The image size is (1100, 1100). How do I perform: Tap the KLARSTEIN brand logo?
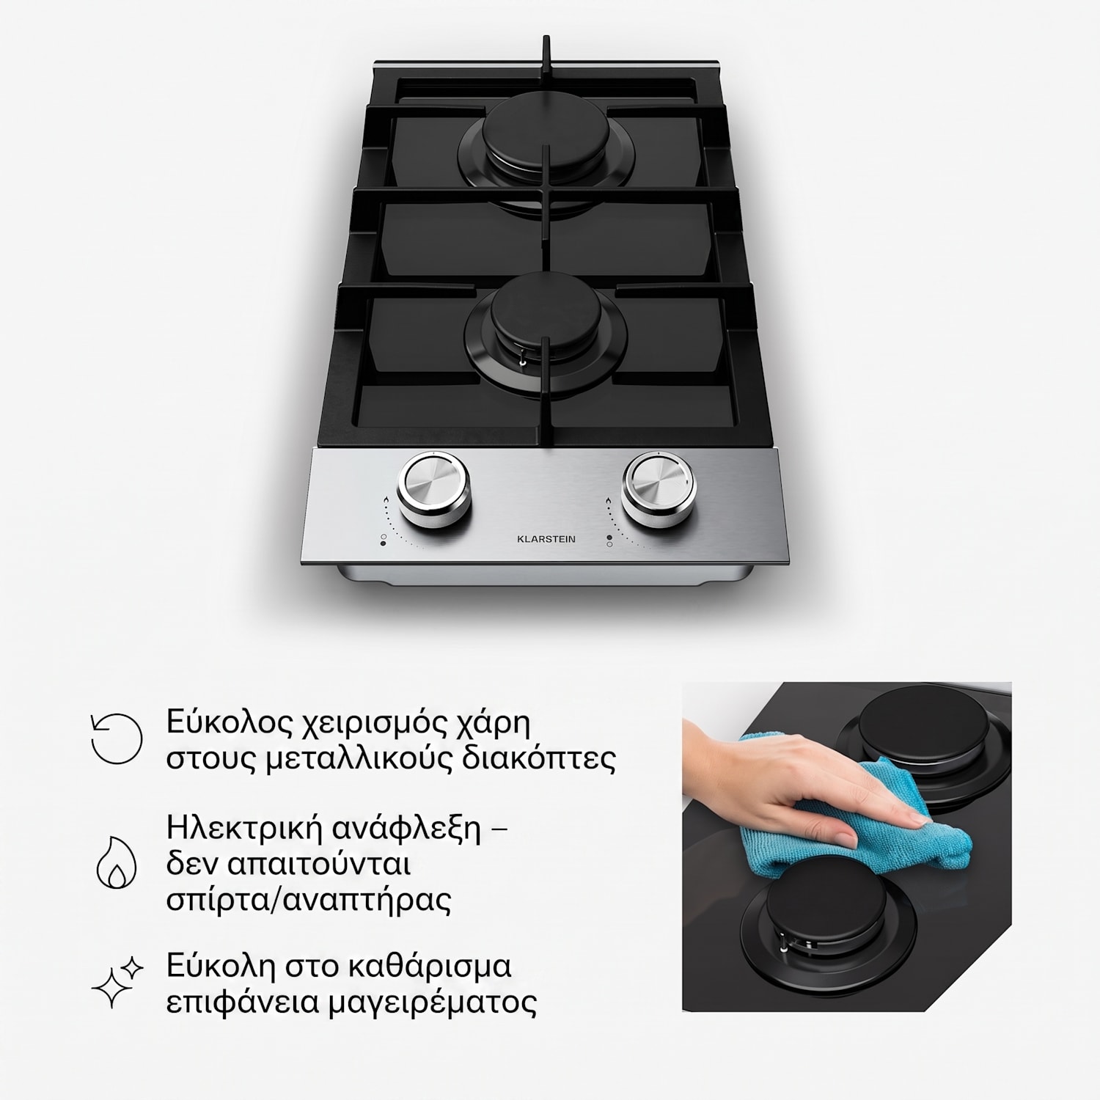coord(546,539)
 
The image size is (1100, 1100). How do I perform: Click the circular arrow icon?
coord(116,738)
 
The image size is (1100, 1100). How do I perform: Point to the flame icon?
coord(117,862)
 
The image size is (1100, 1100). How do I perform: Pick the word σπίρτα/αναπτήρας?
coord(308,900)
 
